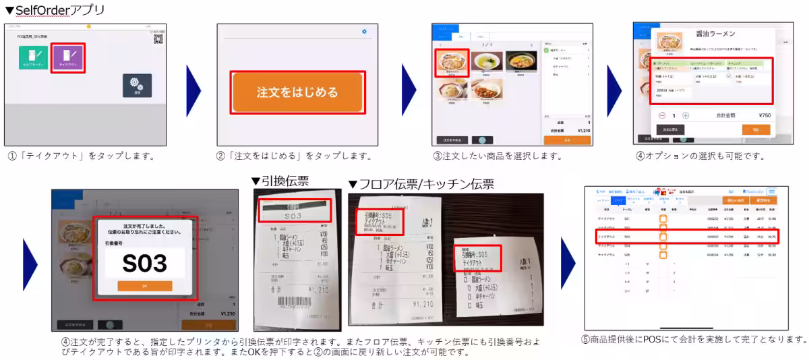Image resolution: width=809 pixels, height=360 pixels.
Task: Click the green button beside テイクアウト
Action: click(x=34, y=58)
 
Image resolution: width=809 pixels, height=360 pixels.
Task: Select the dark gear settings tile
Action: click(x=137, y=86)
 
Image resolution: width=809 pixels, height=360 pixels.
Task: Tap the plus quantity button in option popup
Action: click(x=686, y=115)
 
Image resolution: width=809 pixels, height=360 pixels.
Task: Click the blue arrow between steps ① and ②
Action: click(x=193, y=87)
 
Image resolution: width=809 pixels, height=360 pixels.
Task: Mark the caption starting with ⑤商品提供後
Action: click(x=693, y=339)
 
